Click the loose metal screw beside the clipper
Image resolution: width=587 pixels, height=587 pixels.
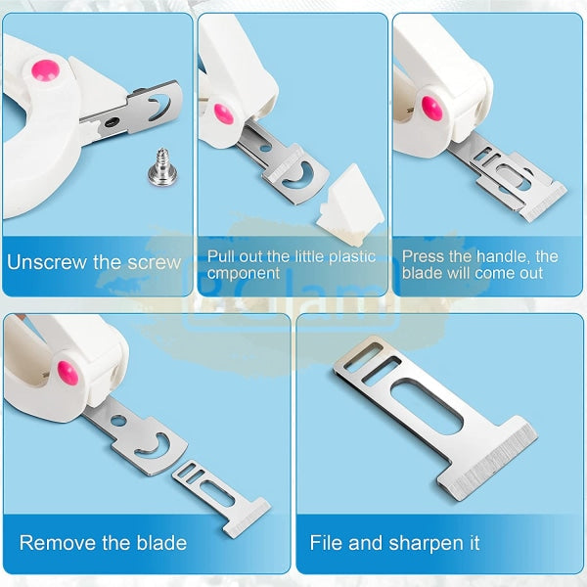pyautogui.click(x=162, y=167)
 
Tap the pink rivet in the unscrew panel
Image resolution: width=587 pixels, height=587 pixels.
pyautogui.click(x=45, y=70)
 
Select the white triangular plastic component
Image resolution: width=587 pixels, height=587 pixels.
pyautogui.click(x=350, y=203)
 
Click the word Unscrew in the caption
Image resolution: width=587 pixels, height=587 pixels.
pyautogui.click(x=47, y=262)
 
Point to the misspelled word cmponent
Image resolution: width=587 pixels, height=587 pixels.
pyautogui.click(x=244, y=274)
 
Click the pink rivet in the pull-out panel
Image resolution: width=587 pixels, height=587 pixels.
pyautogui.click(x=224, y=113)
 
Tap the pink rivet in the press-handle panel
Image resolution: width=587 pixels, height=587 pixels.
pyautogui.click(x=432, y=109)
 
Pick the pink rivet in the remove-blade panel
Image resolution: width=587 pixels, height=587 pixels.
pyautogui.click(x=68, y=373)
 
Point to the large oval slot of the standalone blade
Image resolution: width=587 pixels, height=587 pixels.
pyautogui.click(x=427, y=406)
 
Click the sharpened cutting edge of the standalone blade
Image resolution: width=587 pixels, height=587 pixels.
pyautogui.click(x=493, y=464)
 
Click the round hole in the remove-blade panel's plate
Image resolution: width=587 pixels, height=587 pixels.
pyautogui.click(x=118, y=421)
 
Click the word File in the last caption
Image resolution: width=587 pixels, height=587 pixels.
pyautogui.click(x=326, y=543)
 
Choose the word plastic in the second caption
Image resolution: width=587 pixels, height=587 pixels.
pyautogui.click(x=352, y=256)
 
